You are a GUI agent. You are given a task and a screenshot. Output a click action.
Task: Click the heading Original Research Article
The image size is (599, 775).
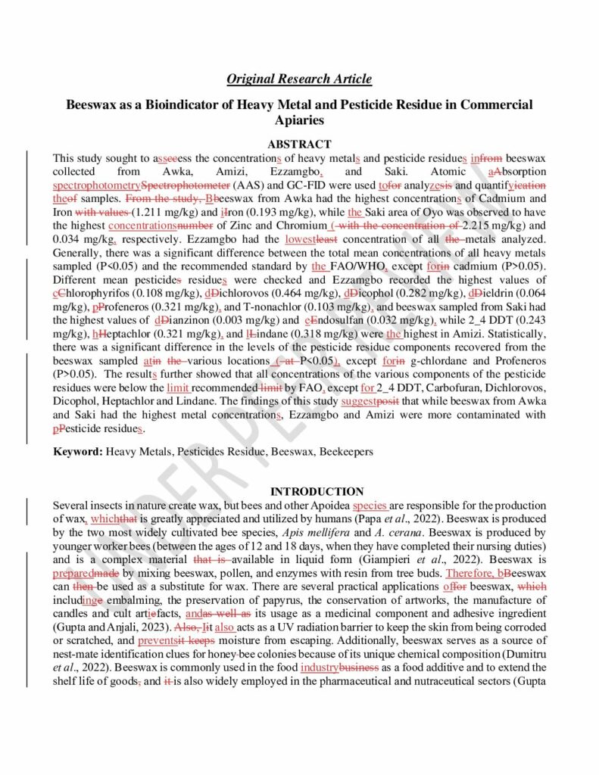pos(299,79)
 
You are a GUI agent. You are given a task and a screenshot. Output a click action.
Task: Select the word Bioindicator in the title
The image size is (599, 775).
pos(195,105)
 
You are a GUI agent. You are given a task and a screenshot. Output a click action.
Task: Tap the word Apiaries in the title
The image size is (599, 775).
pos(299,120)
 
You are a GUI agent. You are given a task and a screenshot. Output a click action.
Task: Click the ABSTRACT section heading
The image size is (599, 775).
pos(299,145)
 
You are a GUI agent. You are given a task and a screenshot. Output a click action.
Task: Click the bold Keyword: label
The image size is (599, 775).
pos(77,452)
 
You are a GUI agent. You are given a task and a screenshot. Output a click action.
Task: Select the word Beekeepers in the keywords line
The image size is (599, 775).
pos(346,452)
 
